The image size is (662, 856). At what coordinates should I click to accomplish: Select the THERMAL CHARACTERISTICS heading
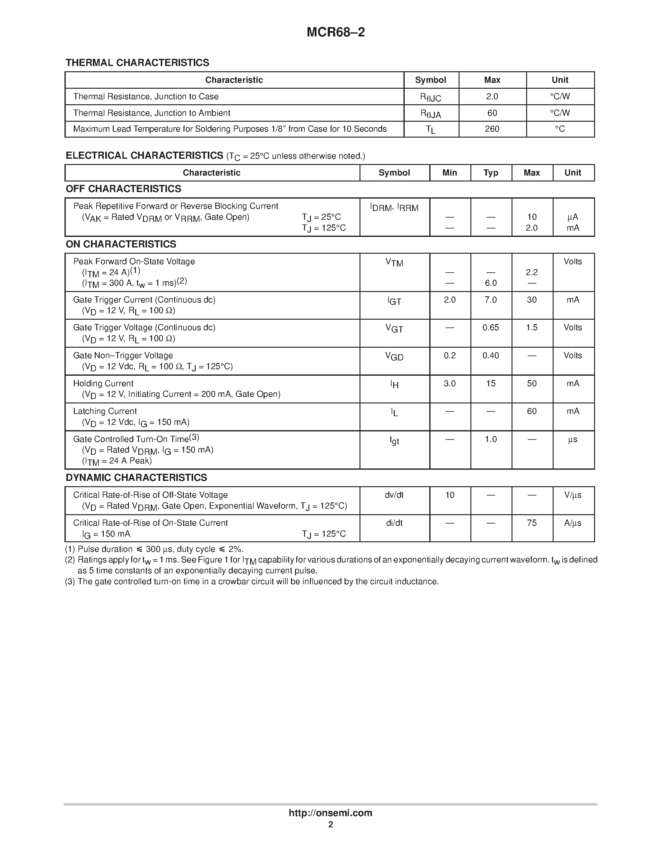[x=137, y=63]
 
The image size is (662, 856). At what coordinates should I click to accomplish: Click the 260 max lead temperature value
[x=492, y=129]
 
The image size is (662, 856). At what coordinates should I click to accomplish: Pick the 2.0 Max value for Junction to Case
[x=492, y=96]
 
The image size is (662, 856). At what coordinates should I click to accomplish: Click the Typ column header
[x=491, y=173]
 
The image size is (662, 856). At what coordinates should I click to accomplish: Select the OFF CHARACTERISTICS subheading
[x=123, y=189]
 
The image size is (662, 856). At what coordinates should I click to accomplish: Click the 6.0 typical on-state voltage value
[x=491, y=283]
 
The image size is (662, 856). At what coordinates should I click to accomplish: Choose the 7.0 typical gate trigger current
[x=491, y=300]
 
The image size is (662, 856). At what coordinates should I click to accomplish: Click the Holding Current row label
[x=103, y=383]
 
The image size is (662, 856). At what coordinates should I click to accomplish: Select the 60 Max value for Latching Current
[x=531, y=411]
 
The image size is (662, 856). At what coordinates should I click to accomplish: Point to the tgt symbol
[x=394, y=440]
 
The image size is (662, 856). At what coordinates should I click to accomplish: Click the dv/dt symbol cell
[x=394, y=495]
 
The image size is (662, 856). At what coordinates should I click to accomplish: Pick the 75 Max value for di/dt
[x=531, y=523]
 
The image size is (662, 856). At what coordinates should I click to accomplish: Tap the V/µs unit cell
[x=573, y=495]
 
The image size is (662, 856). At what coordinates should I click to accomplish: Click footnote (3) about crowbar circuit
[x=251, y=582]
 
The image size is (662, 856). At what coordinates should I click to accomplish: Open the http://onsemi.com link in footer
[x=330, y=813]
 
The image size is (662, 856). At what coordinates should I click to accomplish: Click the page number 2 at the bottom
[x=330, y=825]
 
